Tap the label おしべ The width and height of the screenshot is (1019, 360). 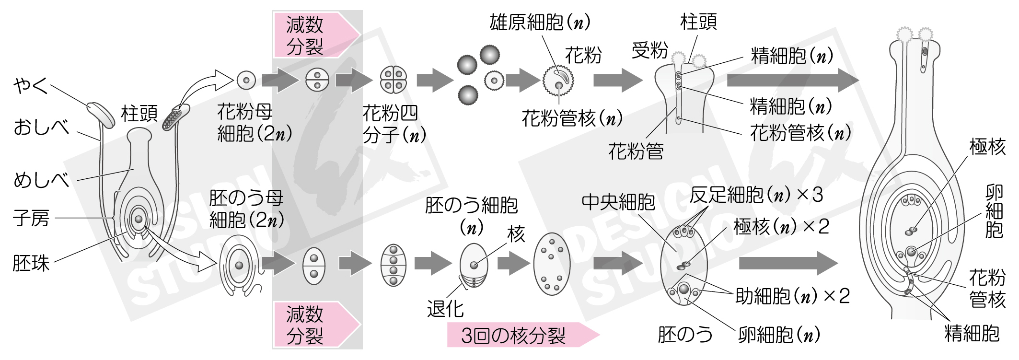(x=41, y=128)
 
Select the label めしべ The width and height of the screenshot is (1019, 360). (x=41, y=180)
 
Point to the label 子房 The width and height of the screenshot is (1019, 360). (x=31, y=219)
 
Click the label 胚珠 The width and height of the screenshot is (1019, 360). (x=31, y=263)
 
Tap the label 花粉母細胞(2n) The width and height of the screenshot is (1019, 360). (x=254, y=123)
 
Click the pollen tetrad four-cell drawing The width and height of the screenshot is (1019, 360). (x=394, y=80)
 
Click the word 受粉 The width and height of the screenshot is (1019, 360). (x=649, y=50)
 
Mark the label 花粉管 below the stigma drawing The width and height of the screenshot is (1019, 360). (x=636, y=151)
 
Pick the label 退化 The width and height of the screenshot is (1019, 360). (x=445, y=309)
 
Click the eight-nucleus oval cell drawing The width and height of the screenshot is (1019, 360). (x=552, y=264)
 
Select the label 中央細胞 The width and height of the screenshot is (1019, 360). (x=618, y=202)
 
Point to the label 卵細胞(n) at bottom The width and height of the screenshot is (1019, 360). (x=779, y=335)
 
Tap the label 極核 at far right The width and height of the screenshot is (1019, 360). (x=987, y=146)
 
